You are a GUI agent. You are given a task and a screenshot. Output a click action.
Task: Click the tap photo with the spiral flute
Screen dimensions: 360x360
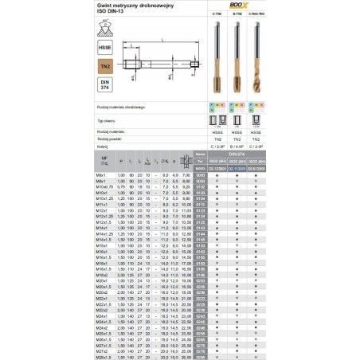(x=255, y=56)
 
